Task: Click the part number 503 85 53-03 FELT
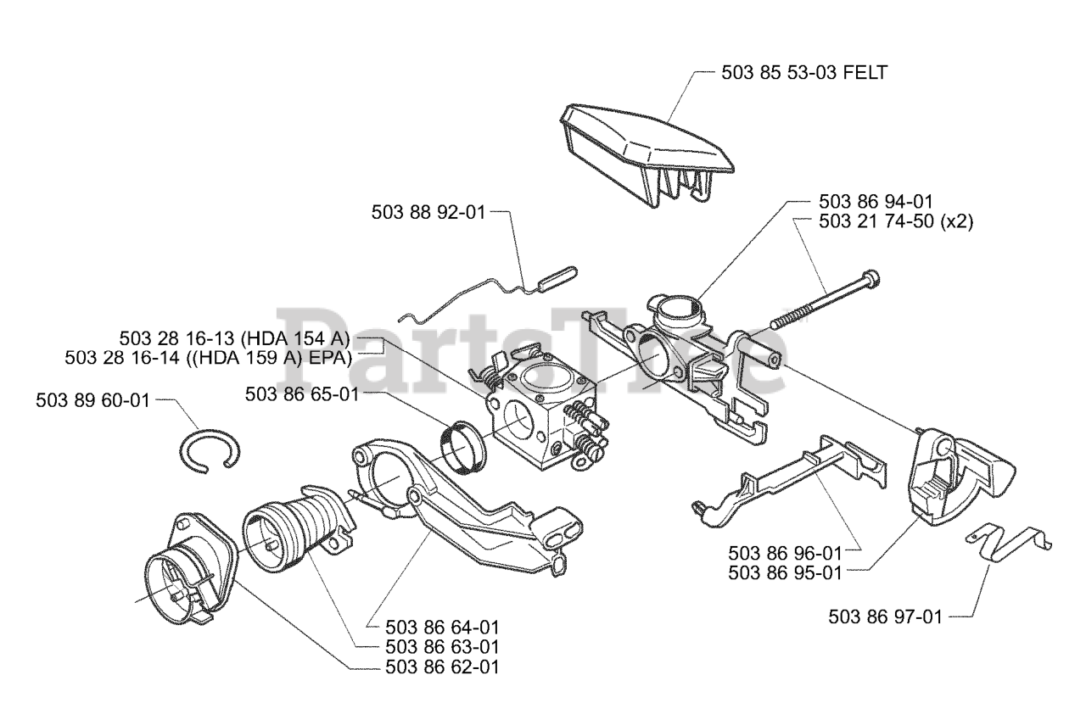[x=803, y=73]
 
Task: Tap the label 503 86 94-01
[x=876, y=202]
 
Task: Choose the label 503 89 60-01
[x=92, y=400]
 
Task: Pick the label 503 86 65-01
[x=301, y=393]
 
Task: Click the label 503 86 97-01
[x=885, y=617]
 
